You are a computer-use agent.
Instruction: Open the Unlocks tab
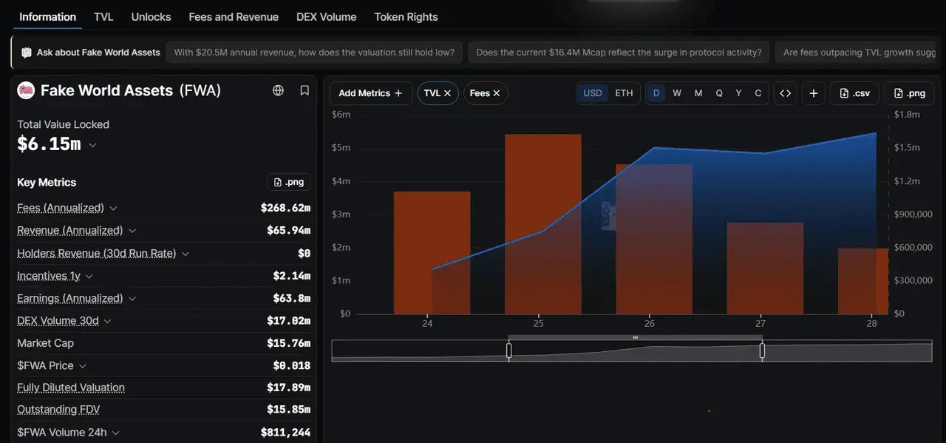coord(151,17)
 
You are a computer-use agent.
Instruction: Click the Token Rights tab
coord(406,17)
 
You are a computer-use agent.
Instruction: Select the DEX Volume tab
coord(326,17)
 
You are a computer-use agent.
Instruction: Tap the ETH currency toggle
coord(624,93)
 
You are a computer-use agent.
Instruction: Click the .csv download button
coord(854,93)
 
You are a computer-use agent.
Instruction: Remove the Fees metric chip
coord(497,93)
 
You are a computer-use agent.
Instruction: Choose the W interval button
coord(676,93)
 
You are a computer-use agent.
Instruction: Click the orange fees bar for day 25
coord(542,224)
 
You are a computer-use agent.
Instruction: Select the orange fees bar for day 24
coord(432,253)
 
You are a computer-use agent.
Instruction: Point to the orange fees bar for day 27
coord(765,268)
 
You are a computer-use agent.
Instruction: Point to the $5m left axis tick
coord(341,147)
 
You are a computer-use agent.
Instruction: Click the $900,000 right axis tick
coord(913,214)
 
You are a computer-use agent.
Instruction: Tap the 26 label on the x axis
coord(649,323)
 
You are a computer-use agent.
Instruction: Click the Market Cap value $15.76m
coord(288,343)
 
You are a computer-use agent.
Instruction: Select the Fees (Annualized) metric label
coord(61,208)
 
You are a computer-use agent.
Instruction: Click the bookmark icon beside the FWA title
coord(304,90)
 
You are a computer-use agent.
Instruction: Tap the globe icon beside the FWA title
coord(278,90)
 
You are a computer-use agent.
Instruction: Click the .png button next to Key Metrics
coord(289,182)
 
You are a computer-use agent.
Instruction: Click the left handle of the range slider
coord(509,351)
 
